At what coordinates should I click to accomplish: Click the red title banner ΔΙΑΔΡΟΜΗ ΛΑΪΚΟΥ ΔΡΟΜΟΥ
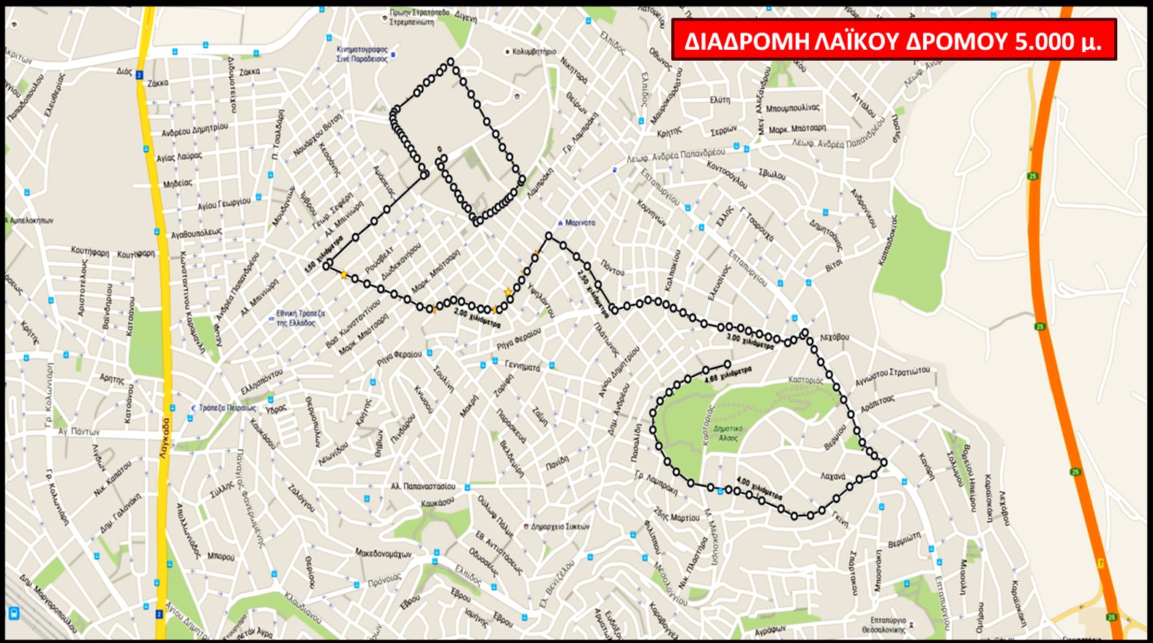pyautogui.click(x=893, y=40)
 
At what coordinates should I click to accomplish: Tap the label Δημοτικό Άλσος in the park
pyautogui.click(x=728, y=433)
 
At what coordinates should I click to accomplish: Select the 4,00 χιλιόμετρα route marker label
pyautogui.click(x=759, y=488)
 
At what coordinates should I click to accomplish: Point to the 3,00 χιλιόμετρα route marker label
pyautogui.click(x=750, y=341)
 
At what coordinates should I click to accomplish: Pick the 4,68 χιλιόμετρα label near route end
pyautogui.click(x=728, y=375)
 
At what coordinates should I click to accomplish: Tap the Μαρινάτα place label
pyautogui.click(x=580, y=223)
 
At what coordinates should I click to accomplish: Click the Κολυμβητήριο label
pyautogui.click(x=534, y=52)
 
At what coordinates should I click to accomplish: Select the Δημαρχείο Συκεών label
pyautogui.click(x=560, y=527)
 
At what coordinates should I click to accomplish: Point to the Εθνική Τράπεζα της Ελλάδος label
pyautogui.click(x=300, y=318)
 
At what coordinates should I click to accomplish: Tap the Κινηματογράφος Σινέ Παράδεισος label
pyautogui.click(x=362, y=54)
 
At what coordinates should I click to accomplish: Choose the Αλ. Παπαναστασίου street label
pyautogui.click(x=422, y=486)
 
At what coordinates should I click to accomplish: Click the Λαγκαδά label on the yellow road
pyautogui.click(x=165, y=438)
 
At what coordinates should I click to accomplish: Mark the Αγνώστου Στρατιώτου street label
pyautogui.click(x=892, y=376)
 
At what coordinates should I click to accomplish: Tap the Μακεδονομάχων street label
pyautogui.click(x=383, y=554)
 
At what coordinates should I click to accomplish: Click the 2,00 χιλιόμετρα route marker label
pyautogui.click(x=477, y=318)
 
